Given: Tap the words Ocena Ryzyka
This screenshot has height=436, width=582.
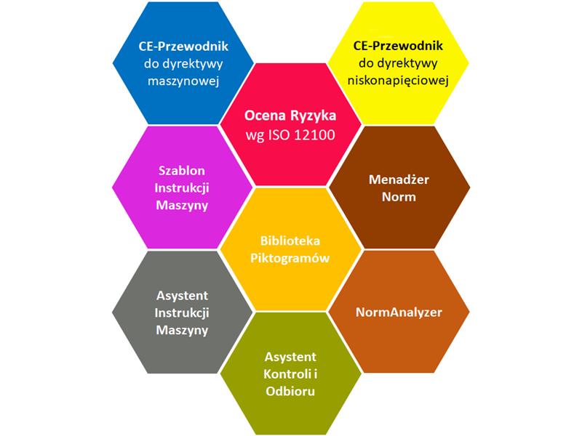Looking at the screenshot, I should click(x=290, y=116).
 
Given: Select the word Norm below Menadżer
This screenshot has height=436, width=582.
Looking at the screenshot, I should click(x=399, y=198).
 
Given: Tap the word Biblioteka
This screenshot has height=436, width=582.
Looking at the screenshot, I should click(x=291, y=241).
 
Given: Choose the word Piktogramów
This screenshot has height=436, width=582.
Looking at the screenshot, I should click(x=291, y=259).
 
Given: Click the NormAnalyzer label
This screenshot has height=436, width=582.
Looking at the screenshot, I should click(x=399, y=312).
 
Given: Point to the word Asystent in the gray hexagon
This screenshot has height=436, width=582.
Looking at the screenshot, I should click(x=183, y=296).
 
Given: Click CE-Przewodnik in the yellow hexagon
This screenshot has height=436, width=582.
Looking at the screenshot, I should click(x=399, y=45).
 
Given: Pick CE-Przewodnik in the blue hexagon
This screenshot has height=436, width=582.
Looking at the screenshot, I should click(x=183, y=45).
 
